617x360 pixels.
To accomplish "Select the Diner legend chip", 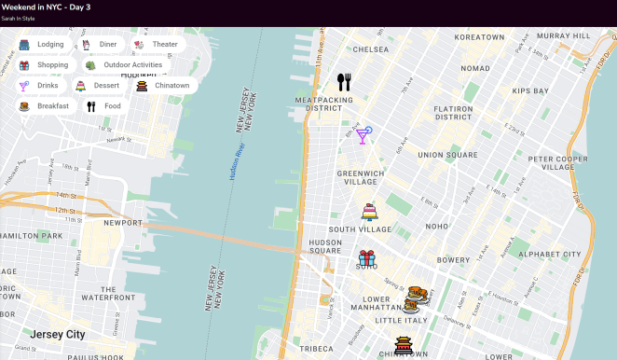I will click(100, 44).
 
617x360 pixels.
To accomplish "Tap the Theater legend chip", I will click(156, 44).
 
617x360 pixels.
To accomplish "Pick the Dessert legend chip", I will click(98, 86).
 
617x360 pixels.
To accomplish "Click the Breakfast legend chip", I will click(44, 106).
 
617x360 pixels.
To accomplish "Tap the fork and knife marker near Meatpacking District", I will click(344, 82).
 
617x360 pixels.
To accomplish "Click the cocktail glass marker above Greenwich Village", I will click(363, 135).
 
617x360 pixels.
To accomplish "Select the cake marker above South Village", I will click(369, 212).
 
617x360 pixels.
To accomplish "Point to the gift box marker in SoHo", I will click(367, 258).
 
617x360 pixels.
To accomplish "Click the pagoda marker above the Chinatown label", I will click(404, 345).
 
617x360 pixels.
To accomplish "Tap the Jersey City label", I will click(57, 334).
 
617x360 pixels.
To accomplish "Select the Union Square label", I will click(442, 155).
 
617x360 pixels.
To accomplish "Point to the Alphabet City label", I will click(549, 254).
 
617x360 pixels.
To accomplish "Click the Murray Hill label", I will click(563, 35).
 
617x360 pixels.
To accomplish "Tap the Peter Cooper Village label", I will click(557, 163).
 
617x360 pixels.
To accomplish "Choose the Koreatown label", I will click(479, 36).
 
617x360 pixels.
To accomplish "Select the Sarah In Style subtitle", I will click(18, 18).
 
